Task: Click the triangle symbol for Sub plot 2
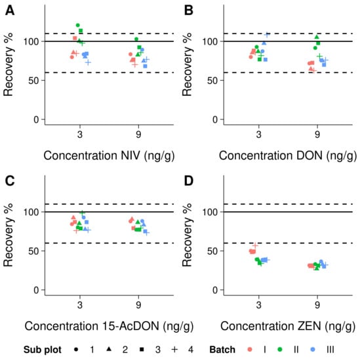pyautogui.click(x=107, y=350)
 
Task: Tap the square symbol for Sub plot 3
pyautogui.click(x=141, y=350)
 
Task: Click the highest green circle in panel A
pyautogui.click(x=78, y=25)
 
